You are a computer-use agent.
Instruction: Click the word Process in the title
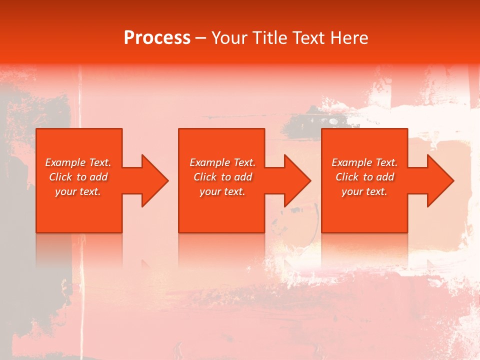[157, 38]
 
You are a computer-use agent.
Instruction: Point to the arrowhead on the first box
[153, 180]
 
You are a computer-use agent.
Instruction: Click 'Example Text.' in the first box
[78, 162]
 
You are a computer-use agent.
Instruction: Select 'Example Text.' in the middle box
[222, 162]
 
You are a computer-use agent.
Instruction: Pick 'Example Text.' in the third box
[364, 162]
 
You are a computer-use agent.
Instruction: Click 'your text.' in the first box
[78, 191]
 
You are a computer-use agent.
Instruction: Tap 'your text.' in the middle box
[222, 191]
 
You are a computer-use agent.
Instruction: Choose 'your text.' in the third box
[364, 191]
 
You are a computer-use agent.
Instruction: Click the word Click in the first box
[60, 177]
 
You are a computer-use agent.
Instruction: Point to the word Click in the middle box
[205, 177]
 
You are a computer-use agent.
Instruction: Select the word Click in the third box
[347, 177]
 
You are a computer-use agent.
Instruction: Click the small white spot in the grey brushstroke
[333, 121]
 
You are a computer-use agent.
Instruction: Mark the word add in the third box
[385, 177]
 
